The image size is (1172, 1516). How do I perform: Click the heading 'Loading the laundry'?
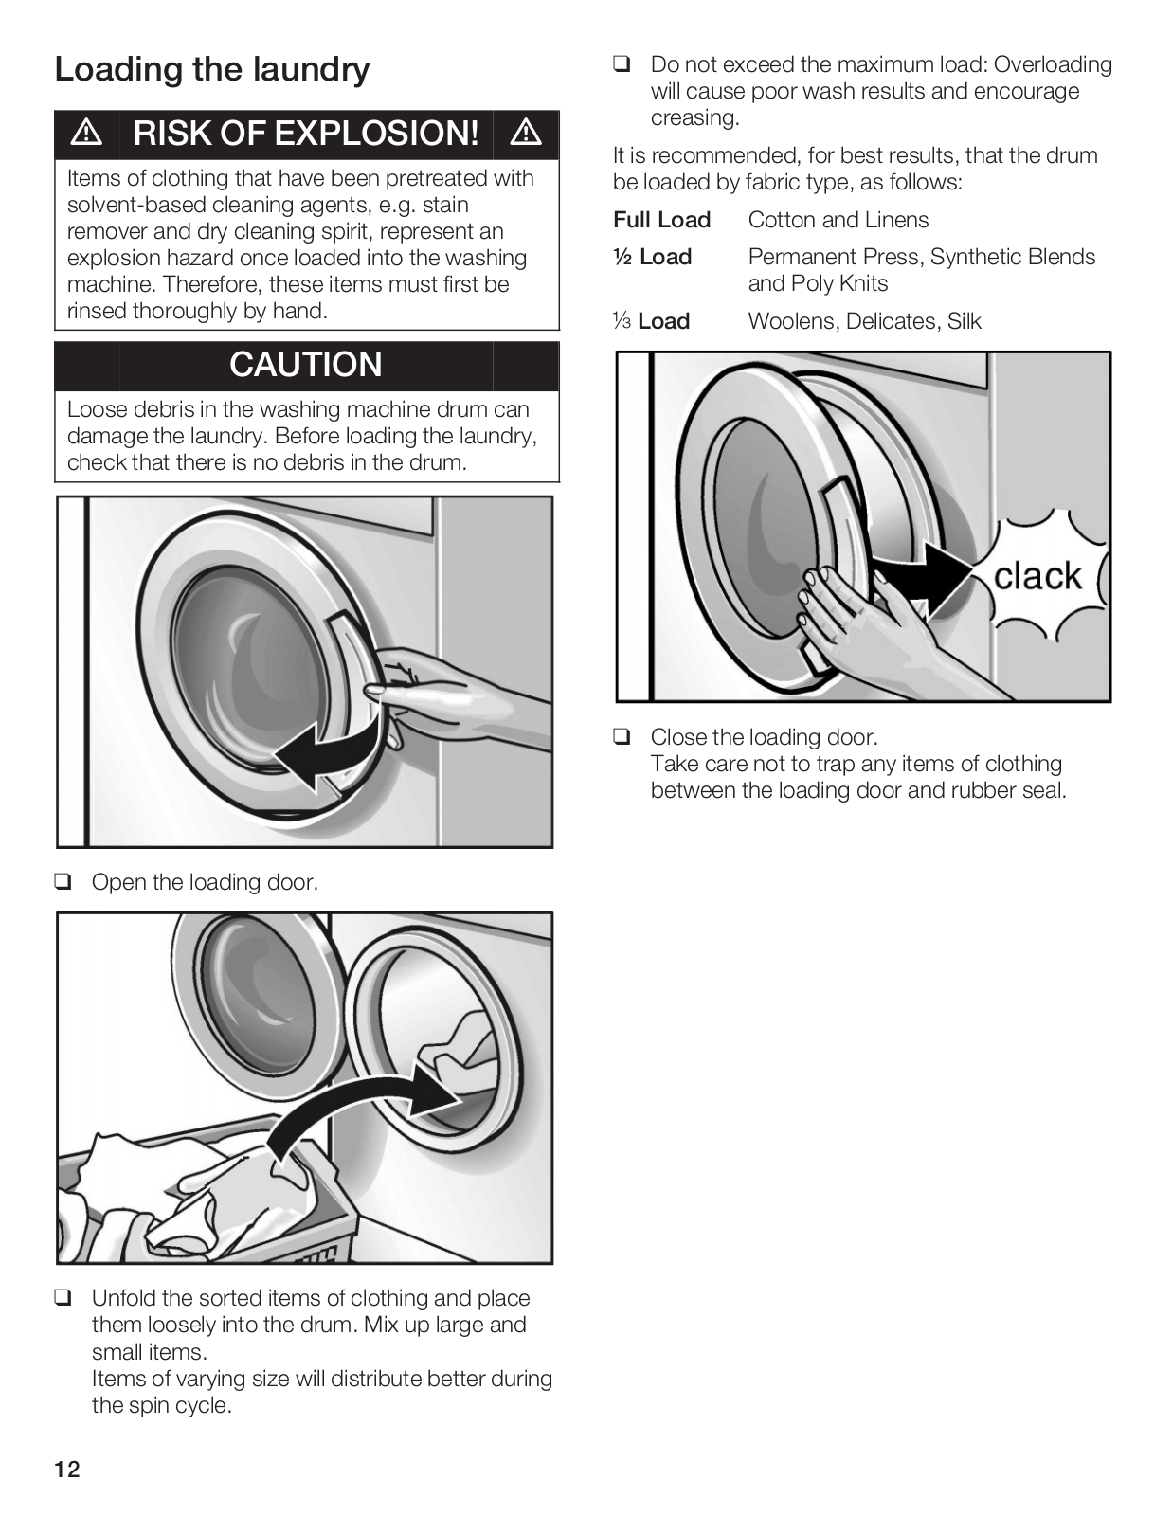point(212,69)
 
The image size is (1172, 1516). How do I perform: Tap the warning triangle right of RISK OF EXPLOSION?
point(526,134)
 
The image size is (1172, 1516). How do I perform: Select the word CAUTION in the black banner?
point(305,365)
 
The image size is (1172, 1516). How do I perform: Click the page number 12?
point(67,1470)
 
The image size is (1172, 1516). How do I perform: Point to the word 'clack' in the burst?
point(1037,575)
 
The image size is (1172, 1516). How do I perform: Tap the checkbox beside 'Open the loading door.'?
point(63,882)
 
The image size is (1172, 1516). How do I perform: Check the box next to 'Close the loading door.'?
point(622,737)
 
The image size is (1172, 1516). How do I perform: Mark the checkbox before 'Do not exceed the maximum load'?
point(622,65)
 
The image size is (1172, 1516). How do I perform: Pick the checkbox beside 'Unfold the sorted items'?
point(63,1298)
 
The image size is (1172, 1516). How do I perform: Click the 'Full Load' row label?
point(661,220)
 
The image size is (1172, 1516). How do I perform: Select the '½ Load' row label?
point(653,257)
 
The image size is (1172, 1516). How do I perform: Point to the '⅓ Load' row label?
point(652,321)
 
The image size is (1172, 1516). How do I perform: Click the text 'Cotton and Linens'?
point(838,220)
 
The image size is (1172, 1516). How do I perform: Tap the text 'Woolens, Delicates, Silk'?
point(864,321)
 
